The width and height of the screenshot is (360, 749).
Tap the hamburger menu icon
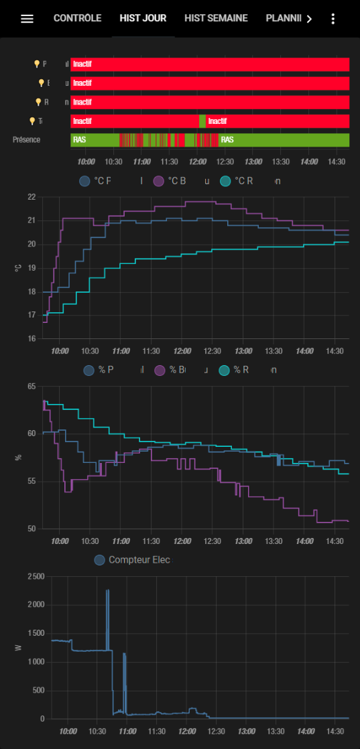[27, 19]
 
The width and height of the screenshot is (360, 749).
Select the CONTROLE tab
[77, 18]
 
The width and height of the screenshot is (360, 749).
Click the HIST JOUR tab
[143, 18]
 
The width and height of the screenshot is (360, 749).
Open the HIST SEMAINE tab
[216, 18]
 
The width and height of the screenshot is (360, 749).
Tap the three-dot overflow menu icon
[333, 19]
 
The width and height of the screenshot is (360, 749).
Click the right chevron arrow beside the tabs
[308, 19]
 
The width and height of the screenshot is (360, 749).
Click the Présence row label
[26, 139]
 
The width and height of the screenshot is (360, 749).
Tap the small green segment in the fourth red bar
[202, 121]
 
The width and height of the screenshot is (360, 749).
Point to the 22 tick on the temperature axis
[32, 197]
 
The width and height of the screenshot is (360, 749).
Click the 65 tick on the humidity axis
[32, 387]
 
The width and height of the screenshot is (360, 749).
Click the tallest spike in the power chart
[107, 591]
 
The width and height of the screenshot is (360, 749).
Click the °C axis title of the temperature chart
[17, 268]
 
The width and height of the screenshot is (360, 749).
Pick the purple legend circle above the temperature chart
[159, 181]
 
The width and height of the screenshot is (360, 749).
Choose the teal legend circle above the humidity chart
[225, 370]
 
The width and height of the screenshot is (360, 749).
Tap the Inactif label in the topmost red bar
[82, 64]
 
